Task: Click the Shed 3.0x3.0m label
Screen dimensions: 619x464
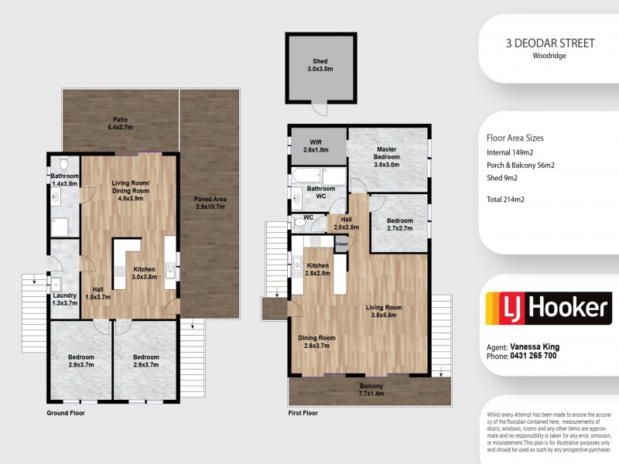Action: (320, 65)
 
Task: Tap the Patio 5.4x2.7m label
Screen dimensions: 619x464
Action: (121, 123)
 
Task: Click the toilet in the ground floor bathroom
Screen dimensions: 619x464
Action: (63, 162)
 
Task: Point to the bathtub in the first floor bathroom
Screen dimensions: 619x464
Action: (306, 176)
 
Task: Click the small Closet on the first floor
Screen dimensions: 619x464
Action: (342, 244)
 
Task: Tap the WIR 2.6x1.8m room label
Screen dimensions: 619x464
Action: (316, 146)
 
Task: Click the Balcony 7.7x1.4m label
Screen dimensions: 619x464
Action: (371, 390)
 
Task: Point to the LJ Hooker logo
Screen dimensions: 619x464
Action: (549, 308)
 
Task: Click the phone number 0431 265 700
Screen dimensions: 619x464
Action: (533, 356)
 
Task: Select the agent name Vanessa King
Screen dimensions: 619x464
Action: (535, 346)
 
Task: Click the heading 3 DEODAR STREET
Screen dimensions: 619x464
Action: (550, 43)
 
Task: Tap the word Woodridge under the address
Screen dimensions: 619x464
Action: (549, 56)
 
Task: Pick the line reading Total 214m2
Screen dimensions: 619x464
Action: (505, 200)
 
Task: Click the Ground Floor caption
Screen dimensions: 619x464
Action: (66, 413)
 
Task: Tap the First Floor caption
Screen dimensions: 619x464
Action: (303, 413)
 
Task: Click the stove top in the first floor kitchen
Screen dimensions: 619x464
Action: (315, 241)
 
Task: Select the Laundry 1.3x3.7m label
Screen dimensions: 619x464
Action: (65, 299)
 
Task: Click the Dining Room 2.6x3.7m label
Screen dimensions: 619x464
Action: (316, 342)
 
